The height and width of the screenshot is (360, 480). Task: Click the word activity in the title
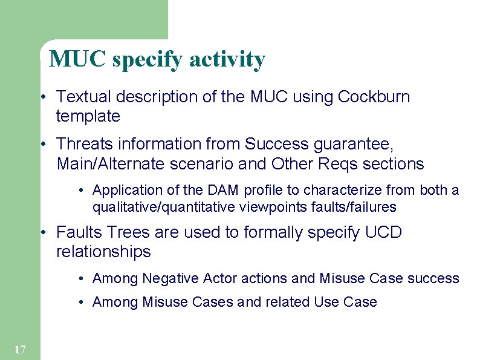click(227, 59)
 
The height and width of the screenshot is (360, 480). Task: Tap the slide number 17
click(19, 349)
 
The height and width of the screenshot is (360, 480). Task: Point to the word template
click(88, 116)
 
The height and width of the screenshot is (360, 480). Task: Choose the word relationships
click(103, 252)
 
